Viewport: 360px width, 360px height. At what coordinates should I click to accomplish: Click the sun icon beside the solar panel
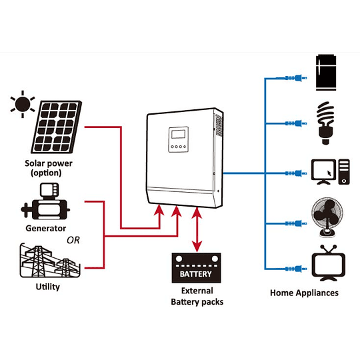[23, 104]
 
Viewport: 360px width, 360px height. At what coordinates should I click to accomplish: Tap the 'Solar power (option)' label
[49, 168]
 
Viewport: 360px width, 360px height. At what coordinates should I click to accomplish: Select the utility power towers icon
[47, 261]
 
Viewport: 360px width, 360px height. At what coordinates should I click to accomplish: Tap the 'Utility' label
[47, 287]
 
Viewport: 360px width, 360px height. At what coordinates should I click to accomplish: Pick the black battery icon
[196, 268]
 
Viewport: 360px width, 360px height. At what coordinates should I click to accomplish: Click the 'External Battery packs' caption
[197, 296]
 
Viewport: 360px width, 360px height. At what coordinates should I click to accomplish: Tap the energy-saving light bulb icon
[326, 123]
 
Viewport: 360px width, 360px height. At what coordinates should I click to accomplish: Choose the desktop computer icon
[329, 172]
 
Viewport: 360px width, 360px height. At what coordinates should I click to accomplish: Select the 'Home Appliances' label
[304, 293]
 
